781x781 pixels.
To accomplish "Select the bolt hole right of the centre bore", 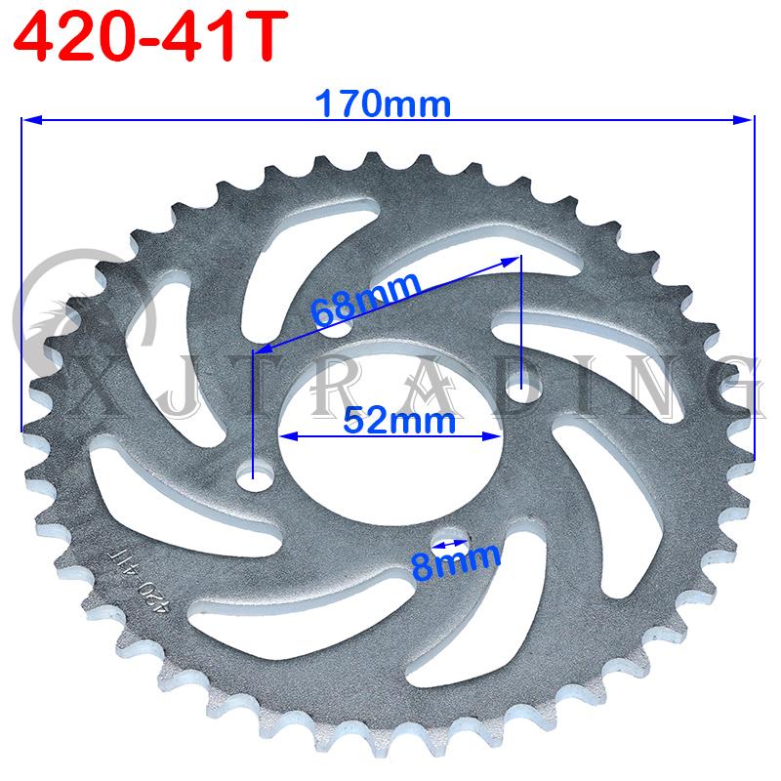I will click(x=522, y=392).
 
